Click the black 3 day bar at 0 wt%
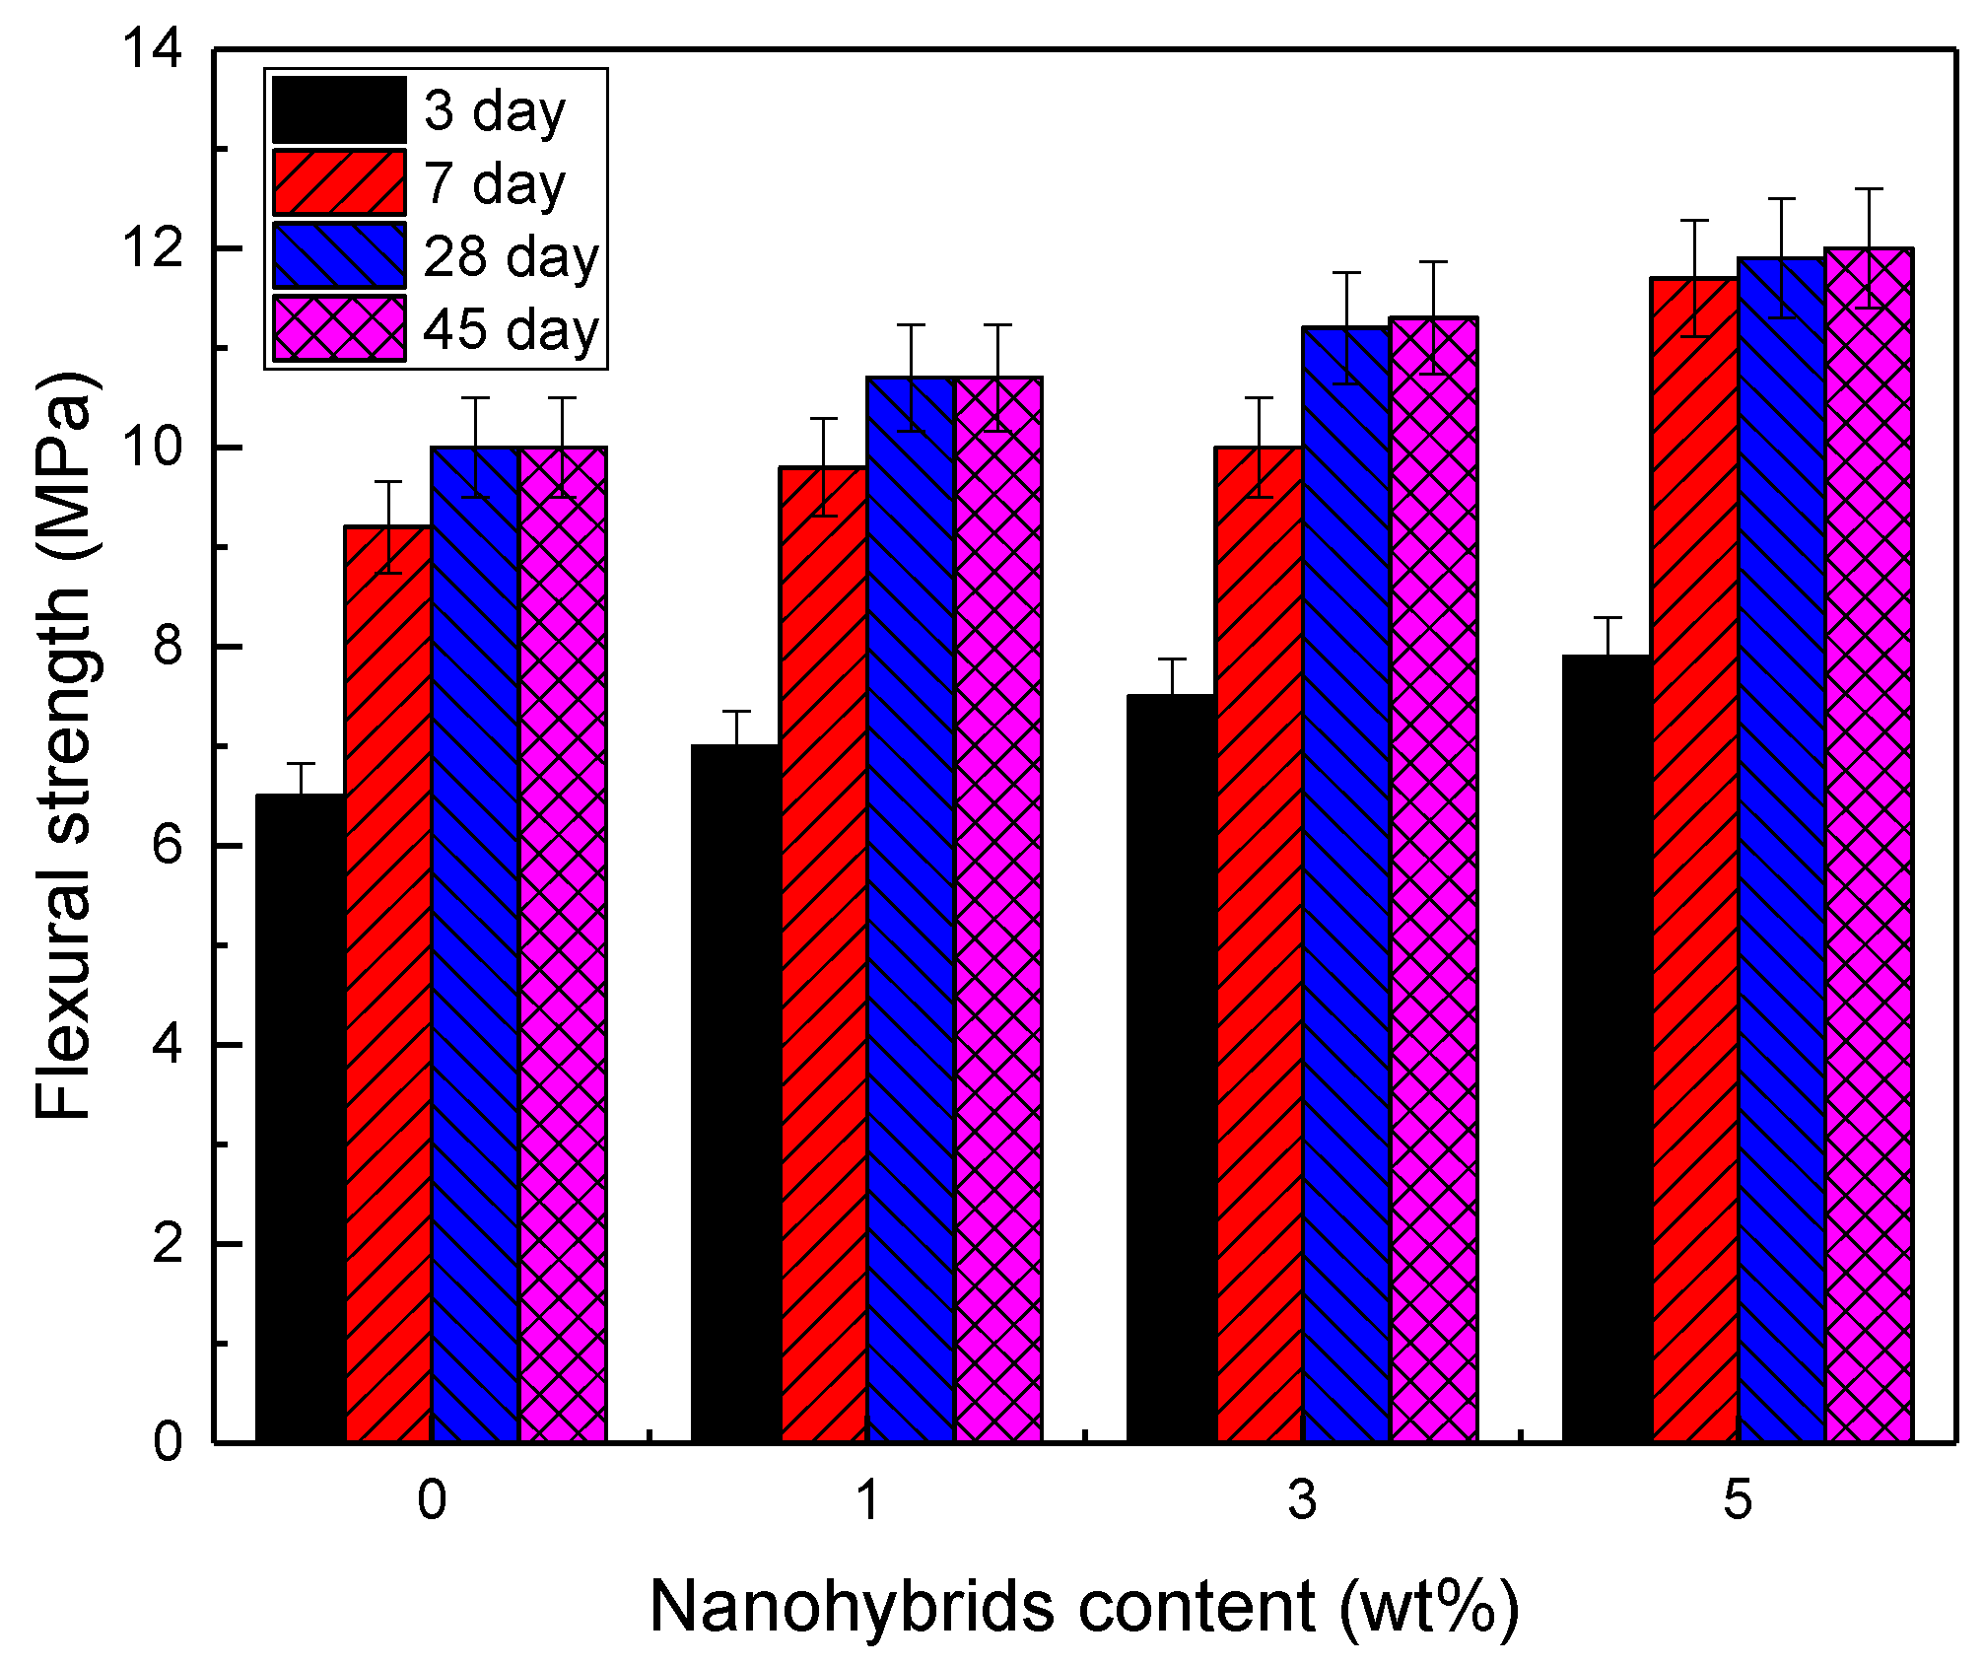point(301,1119)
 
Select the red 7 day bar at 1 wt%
point(823,956)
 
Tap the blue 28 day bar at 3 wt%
point(1346,887)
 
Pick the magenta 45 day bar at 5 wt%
point(1869,848)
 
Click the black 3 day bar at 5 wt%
point(1607,1050)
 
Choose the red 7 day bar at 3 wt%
point(1259,946)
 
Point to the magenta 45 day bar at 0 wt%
point(563,946)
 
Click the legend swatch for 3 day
point(339,109)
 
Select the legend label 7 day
point(495,183)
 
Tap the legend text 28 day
point(511,256)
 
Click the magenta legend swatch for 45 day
point(339,328)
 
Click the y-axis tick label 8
point(168,647)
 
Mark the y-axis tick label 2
point(168,1244)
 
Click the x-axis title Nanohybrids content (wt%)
point(1084,1608)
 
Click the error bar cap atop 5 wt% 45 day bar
point(1869,188)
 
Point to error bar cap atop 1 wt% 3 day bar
point(736,711)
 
